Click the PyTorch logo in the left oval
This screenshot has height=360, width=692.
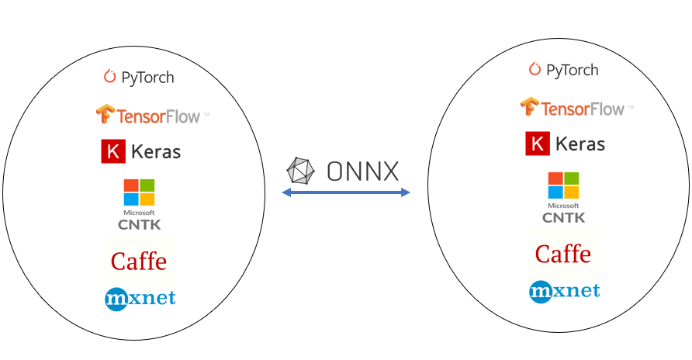[139, 77]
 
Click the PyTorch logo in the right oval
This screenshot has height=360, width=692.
[563, 70]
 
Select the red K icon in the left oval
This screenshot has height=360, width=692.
[113, 151]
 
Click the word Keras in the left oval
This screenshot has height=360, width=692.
[155, 151]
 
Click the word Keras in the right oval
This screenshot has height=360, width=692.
[580, 144]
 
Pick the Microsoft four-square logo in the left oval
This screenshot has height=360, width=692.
[140, 193]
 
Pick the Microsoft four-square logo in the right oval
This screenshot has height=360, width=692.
[564, 185]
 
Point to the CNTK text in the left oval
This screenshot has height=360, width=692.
[139, 225]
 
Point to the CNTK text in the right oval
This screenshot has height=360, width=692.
[564, 218]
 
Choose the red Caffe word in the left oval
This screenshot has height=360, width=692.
[139, 261]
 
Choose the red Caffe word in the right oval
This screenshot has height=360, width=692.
[563, 254]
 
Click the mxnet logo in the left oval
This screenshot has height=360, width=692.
[140, 298]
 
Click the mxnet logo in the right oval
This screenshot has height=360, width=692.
[564, 291]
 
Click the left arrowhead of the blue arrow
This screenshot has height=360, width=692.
[285, 192]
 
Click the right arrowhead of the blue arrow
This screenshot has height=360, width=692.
[406, 192]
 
